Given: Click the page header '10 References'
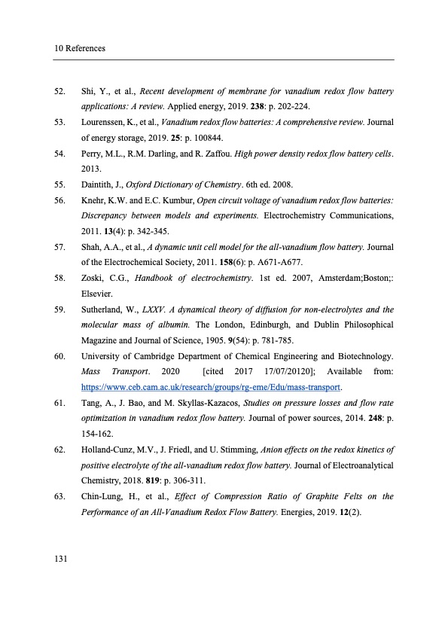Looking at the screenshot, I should click(79, 48).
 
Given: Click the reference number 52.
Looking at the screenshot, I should click(59, 92).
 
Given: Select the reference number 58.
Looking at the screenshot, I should click(59, 279).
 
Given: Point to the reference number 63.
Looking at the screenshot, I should click(59, 496).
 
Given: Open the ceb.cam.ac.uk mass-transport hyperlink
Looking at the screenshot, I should click(211, 388).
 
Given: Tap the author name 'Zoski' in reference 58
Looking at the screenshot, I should click(93, 279).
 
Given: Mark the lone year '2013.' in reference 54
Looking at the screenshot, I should click(91, 169).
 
